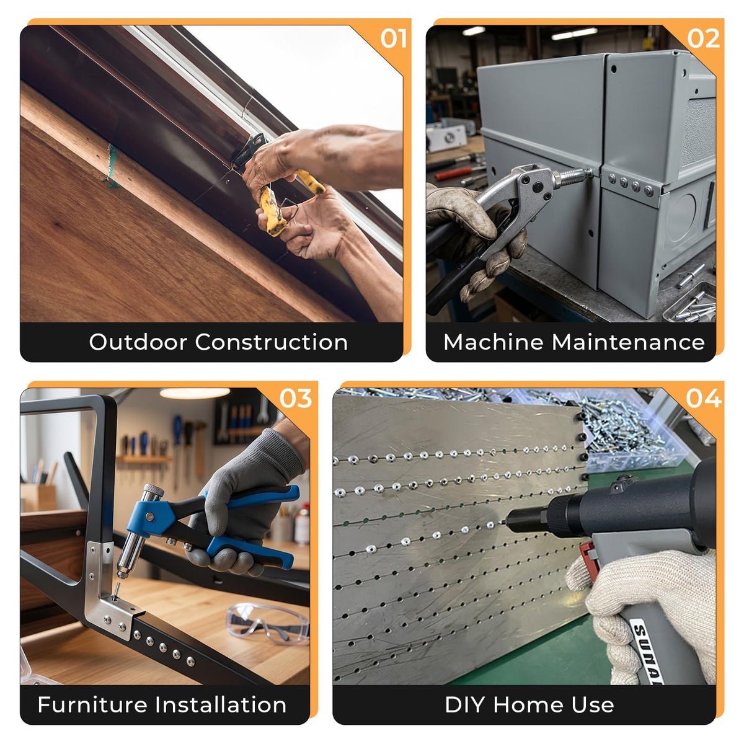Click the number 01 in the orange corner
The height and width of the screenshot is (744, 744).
[393, 38]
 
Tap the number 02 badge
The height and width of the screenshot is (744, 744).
[703, 38]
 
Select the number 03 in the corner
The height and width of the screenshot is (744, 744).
[295, 399]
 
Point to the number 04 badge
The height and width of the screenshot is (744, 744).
[704, 399]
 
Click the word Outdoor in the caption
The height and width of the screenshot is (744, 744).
[139, 342]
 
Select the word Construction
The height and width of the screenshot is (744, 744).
[272, 342]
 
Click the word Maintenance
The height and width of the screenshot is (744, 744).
[628, 342]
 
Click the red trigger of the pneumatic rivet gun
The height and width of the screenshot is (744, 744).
[590, 562]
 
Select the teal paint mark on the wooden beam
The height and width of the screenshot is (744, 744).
[112, 167]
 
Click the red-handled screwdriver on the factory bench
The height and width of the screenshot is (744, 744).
[456, 172]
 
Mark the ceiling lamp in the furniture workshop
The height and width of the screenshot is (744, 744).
[195, 393]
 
